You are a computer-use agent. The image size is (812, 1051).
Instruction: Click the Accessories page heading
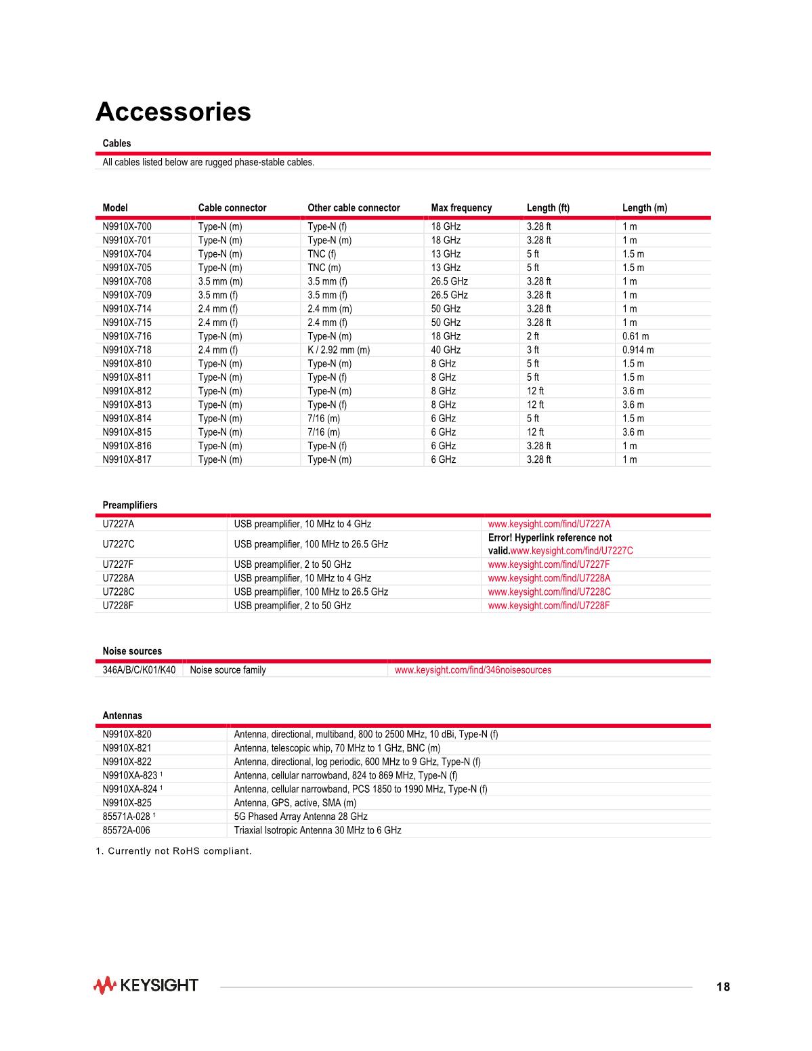pos(173,112)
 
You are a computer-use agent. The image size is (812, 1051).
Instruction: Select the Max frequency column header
pos(461,208)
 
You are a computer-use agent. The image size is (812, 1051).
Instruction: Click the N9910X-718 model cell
pos(127,350)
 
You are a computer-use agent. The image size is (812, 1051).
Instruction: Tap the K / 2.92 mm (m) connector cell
pos(339,350)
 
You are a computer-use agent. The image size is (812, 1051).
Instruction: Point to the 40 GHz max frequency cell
pos(446,350)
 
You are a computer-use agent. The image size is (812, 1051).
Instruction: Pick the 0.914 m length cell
pos(638,350)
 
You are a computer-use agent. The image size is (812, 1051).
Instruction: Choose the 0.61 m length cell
pos(635,336)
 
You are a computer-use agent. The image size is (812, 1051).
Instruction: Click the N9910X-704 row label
pos(127,254)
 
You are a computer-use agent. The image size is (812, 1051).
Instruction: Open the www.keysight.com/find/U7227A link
pos(549,524)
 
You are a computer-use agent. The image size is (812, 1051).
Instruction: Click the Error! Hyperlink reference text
pos(550,538)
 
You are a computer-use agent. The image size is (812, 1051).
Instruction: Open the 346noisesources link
pos(473,670)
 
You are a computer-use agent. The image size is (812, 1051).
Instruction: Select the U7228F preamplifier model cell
pos(119,606)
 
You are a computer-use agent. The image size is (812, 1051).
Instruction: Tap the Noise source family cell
pos(228,670)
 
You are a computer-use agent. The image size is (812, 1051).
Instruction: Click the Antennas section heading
pos(123,716)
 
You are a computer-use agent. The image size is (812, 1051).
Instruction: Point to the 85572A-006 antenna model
pos(127,830)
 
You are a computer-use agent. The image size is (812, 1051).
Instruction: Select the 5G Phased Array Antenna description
pos(301,817)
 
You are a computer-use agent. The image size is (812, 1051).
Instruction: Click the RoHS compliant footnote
pos(174,851)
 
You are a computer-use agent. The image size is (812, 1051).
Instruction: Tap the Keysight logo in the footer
pos(146,985)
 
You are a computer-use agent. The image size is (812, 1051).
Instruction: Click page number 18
pos(723,987)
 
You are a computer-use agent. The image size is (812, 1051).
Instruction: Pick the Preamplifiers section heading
pos(130,506)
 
